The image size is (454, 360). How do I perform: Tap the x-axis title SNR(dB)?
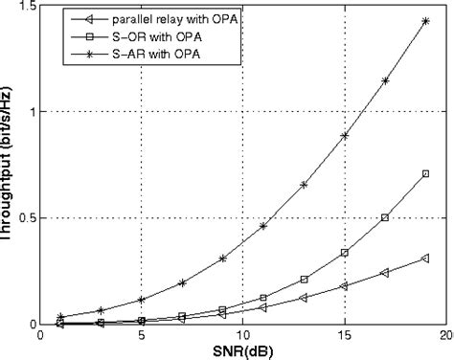coord(241,350)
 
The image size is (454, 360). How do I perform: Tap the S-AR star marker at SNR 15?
coord(344,136)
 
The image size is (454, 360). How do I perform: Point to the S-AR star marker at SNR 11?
coord(263,226)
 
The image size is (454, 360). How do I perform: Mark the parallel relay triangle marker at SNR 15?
coord(344,285)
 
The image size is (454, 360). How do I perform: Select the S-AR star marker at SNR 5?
coord(142,300)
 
